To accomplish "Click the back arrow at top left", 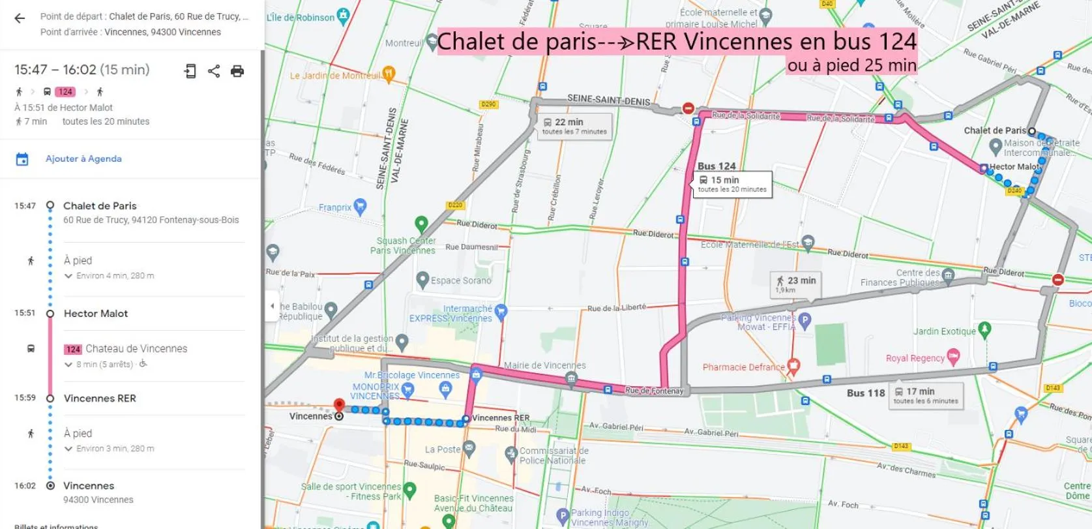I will click(x=20, y=18).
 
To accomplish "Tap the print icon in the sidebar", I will click(x=237, y=71).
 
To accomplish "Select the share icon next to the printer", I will click(x=214, y=71).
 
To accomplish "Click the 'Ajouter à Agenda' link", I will click(x=83, y=159).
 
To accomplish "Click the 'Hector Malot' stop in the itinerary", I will click(x=96, y=314).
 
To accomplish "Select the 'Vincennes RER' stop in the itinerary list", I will click(x=100, y=399).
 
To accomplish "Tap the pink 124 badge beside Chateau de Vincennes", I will click(x=72, y=350).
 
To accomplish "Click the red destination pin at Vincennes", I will click(x=339, y=406).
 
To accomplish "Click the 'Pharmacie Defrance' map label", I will click(x=743, y=367).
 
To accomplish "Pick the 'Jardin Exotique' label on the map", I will click(x=945, y=331).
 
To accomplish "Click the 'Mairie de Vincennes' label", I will click(x=544, y=365).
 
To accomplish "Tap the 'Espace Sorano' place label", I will click(x=460, y=280).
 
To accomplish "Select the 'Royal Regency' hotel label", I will click(x=915, y=358).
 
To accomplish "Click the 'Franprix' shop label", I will click(x=335, y=207).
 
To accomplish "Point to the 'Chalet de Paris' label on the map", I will click(x=994, y=130).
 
